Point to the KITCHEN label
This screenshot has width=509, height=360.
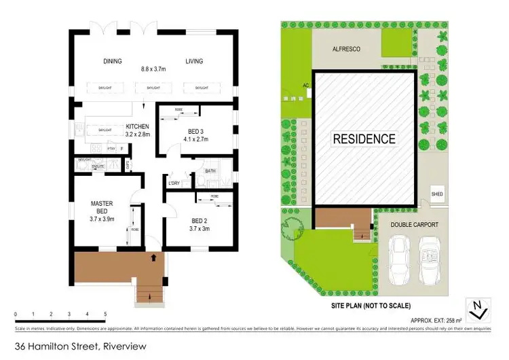(x=138, y=127)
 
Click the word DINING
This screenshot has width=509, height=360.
(x=113, y=62)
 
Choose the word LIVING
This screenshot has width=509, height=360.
(x=194, y=62)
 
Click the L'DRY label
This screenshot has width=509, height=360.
(x=174, y=184)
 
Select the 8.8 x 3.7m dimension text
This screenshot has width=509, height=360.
(x=153, y=68)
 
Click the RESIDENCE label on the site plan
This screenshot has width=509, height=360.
(x=363, y=139)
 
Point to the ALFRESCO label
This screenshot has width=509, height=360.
(x=345, y=49)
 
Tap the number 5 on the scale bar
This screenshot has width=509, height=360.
(x=105, y=314)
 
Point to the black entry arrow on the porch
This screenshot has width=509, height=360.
(x=153, y=258)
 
